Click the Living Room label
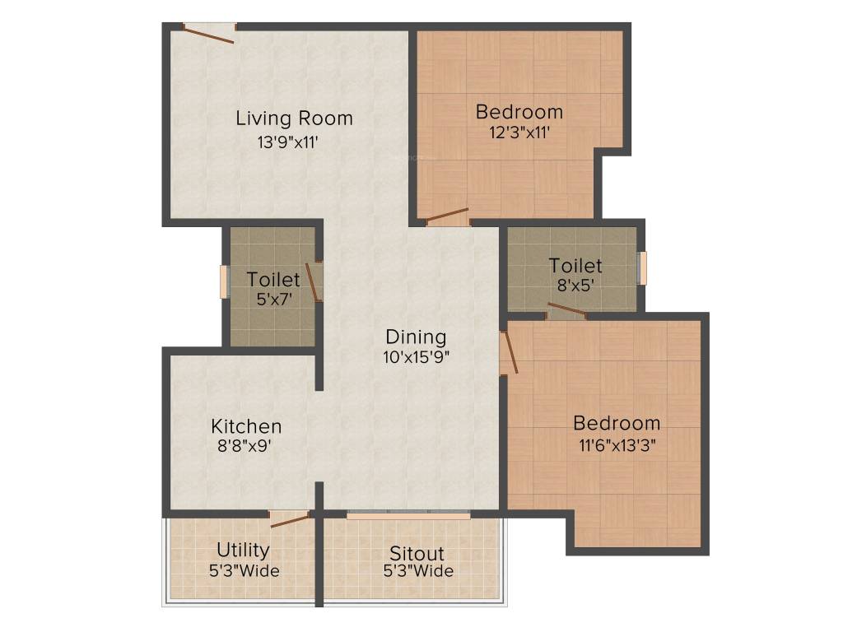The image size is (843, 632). coord(294,118)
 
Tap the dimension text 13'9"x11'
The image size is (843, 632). coord(287,142)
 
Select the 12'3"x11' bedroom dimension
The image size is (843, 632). coord(519,131)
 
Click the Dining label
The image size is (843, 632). coord(416,337)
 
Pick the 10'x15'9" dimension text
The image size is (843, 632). coord(417,356)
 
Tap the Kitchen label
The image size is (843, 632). coord(246,426)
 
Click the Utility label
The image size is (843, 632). coord(243,550)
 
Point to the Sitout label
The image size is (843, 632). coord(417,553)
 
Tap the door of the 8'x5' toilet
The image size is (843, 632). coord(566,311)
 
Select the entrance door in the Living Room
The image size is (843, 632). coord(208,33)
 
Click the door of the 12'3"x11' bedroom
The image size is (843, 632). coord(447,217)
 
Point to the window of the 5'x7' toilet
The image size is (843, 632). coord(223,281)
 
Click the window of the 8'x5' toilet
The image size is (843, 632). coord(644,266)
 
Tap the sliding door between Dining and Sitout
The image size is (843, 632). coord(408,515)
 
